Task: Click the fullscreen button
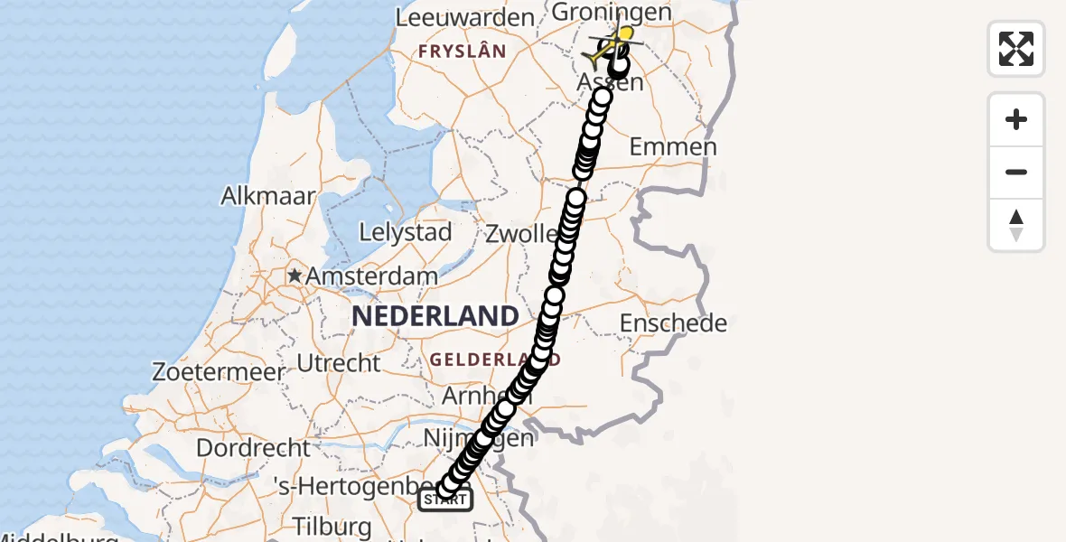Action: click(1016, 49)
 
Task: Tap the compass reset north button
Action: click(1016, 225)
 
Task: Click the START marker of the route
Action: click(445, 499)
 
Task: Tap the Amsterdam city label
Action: click(372, 276)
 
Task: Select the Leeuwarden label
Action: click(465, 17)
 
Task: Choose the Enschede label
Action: click(673, 322)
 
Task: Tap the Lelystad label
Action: click(406, 232)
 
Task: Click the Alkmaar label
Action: click(269, 196)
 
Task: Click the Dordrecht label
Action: click(253, 447)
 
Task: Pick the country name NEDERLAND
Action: click(435, 316)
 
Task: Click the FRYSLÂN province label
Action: click(461, 52)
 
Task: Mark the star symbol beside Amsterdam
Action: click(295, 275)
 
